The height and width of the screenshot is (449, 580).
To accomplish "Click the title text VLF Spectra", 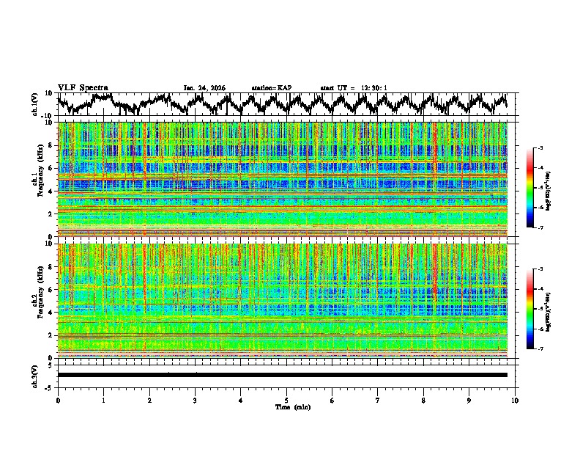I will tap(83, 87).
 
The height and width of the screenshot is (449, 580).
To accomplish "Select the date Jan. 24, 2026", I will tap(204, 88).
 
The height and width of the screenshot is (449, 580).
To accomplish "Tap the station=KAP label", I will tap(272, 88).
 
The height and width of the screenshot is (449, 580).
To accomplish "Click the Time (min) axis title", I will tap(286, 406).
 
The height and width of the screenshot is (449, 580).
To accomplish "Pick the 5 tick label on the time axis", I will tap(286, 400).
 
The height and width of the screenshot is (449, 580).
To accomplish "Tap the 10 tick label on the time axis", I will tap(515, 400).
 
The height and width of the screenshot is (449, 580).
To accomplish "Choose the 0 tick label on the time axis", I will tap(58, 400).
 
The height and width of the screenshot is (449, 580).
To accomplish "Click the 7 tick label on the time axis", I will tap(378, 400).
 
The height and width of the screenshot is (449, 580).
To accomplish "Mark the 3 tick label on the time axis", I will tap(195, 400).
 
